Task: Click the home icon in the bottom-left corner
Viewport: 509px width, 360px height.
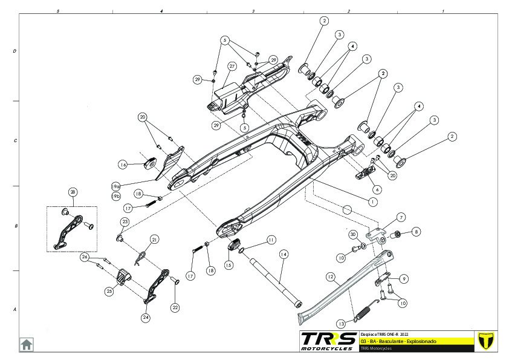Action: pyautogui.click(x=27, y=344)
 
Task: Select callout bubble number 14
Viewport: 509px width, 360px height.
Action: pyautogui.click(x=282, y=255)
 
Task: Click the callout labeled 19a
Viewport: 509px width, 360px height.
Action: pyautogui.click(x=116, y=186)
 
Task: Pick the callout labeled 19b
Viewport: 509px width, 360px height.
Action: pyautogui.click(x=116, y=197)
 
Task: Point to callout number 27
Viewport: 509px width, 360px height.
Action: pyautogui.click(x=232, y=66)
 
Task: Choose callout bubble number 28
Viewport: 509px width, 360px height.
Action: pyautogui.click(x=73, y=192)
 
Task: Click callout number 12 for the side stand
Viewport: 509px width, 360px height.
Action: pyautogui.click(x=330, y=277)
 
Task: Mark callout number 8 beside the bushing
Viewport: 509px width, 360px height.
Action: pyautogui.click(x=416, y=231)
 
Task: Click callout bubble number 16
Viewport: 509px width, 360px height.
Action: pyautogui.click(x=123, y=164)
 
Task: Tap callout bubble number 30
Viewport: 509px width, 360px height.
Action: pyautogui.click(x=354, y=234)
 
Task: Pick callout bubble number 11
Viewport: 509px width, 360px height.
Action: pyautogui.click(x=271, y=240)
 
